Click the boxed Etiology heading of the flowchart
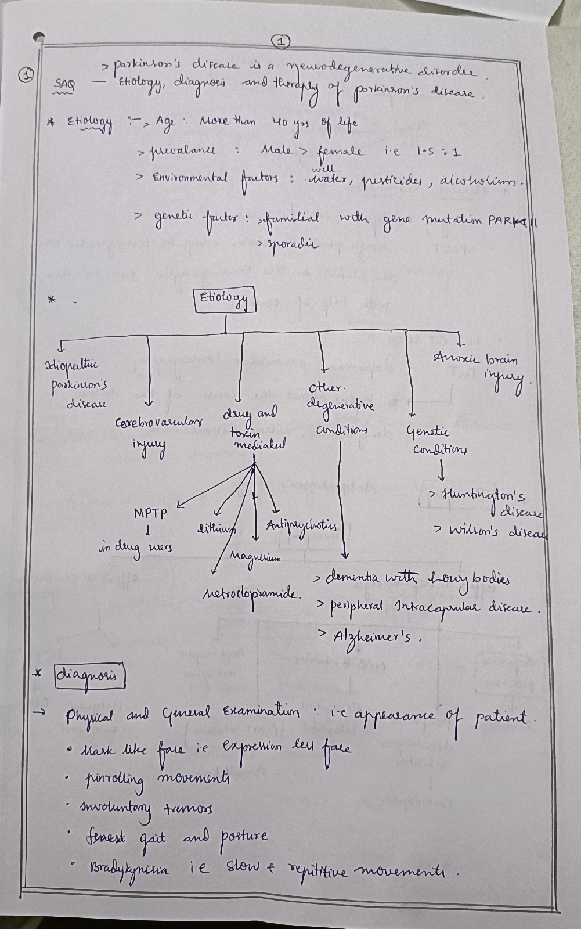(x=224, y=300)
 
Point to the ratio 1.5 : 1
(x=438, y=152)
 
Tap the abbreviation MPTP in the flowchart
(x=151, y=513)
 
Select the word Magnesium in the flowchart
(x=255, y=558)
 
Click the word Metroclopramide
(x=252, y=595)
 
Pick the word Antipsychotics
(x=301, y=527)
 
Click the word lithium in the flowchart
(x=217, y=528)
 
